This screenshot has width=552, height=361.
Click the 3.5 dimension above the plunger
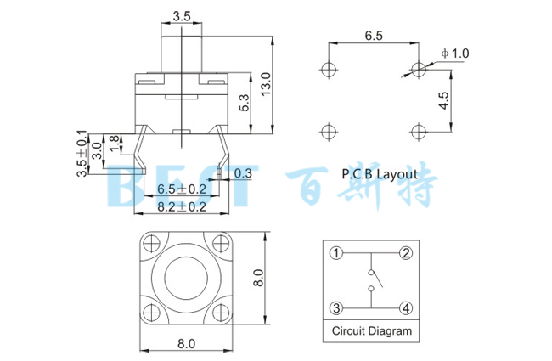pyautogui.click(x=181, y=16)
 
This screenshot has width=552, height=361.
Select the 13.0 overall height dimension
pyautogui.click(x=265, y=84)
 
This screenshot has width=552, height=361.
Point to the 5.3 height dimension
pyautogui.click(x=244, y=104)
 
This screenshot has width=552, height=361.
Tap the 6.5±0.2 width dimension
pyautogui.click(x=182, y=189)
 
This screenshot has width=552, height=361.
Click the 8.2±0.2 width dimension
pyautogui.click(x=182, y=206)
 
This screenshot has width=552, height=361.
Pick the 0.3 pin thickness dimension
pyautogui.click(x=243, y=173)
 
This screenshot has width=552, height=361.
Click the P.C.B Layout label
pyautogui.click(x=380, y=173)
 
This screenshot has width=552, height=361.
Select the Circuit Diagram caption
pyautogui.click(x=371, y=331)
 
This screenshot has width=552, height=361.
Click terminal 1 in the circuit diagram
pyautogui.click(x=336, y=253)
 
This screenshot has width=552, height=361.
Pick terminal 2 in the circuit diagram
pyautogui.click(x=406, y=253)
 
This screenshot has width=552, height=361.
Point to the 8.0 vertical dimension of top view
pyautogui.click(x=260, y=277)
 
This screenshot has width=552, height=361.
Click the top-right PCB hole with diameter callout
pyautogui.click(x=417, y=69)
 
